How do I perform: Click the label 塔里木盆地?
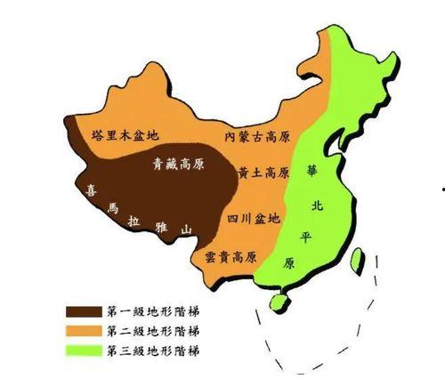pyautogui.click(x=125, y=136)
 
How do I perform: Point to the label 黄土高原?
pyautogui.click(x=264, y=171)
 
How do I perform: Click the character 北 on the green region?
pyautogui.click(x=317, y=205)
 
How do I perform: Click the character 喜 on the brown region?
pyautogui.click(x=90, y=189)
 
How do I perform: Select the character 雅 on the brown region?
pyautogui.click(x=161, y=225)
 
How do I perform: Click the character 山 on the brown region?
pyautogui.click(x=186, y=230)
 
